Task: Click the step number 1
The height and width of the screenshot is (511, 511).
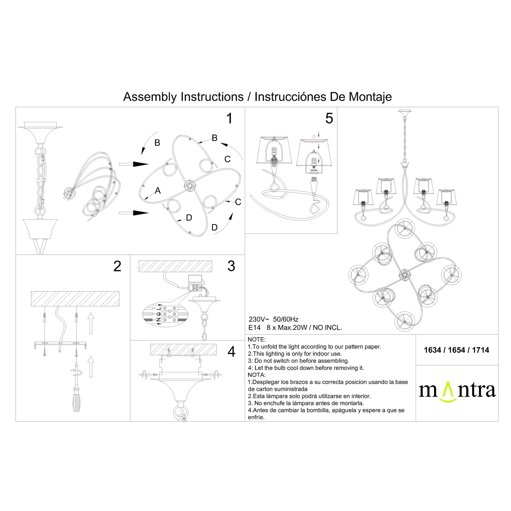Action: [x=229, y=118]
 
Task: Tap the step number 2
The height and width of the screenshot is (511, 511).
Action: [x=117, y=266]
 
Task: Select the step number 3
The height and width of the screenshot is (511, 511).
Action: [x=231, y=266]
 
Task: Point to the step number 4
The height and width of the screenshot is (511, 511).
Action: [x=232, y=352]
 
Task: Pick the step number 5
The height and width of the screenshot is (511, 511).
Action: [x=329, y=118]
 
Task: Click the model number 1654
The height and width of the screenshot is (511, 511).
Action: [x=457, y=350]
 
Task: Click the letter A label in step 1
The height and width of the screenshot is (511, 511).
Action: [x=158, y=191]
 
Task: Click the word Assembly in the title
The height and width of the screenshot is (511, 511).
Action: [x=150, y=97]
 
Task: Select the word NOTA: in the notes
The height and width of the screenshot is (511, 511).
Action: [x=257, y=375]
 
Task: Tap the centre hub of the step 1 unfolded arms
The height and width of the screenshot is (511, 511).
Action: [x=190, y=186]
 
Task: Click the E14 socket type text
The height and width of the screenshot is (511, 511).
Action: [x=254, y=328]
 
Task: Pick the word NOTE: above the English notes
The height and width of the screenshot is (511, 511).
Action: [x=257, y=340]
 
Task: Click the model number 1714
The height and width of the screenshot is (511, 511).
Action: [x=481, y=350]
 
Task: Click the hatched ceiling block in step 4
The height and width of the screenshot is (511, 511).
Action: [x=183, y=349]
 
